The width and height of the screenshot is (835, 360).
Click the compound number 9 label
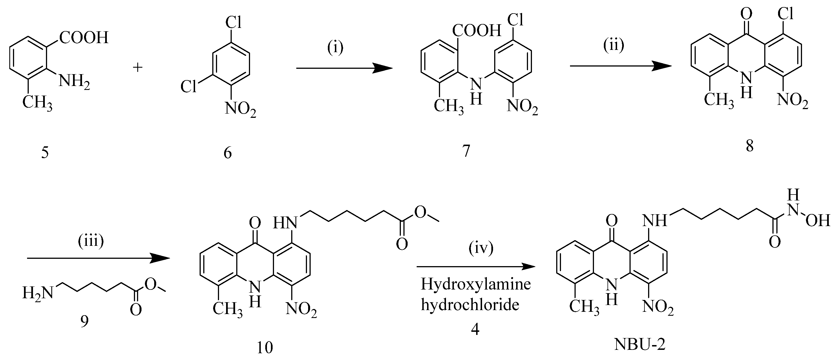click(84, 322)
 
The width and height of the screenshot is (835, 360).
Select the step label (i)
click(335, 48)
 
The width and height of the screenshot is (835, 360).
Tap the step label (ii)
click(614, 46)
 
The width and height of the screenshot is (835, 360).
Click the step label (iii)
click(91, 241)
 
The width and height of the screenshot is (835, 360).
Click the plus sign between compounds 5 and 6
click(138, 68)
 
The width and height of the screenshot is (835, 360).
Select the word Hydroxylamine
click(476, 284)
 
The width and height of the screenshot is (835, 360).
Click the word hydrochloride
click(470, 304)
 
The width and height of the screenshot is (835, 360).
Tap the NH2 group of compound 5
click(74, 81)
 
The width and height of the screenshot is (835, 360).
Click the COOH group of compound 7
click(476, 31)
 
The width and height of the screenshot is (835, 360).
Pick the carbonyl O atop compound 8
click(747, 14)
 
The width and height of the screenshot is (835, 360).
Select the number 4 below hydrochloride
click(475, 330)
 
